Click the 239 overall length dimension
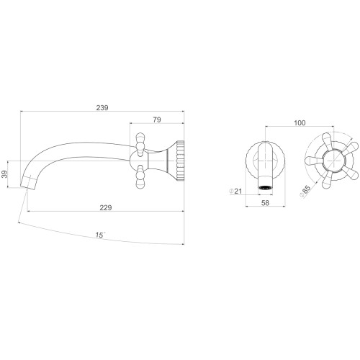(102, 108)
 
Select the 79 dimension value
(157, 120)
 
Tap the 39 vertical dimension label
(4, 174)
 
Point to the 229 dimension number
(106, 207)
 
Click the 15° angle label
(100, 235)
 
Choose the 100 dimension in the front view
(300, 123)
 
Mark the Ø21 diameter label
(235, 191)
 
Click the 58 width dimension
(265, 203)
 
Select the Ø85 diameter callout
(305, 192)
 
